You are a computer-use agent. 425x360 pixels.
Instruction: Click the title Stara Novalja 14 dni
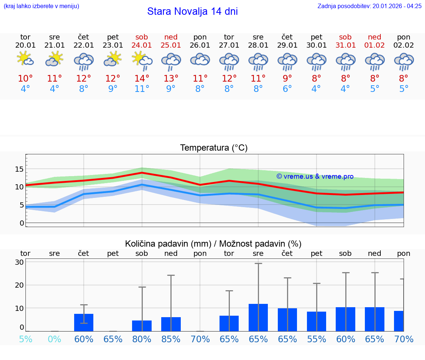point(192,11)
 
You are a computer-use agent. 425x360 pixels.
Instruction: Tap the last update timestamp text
point(369,6)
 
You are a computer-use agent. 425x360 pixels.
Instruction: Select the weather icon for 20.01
point(25,59)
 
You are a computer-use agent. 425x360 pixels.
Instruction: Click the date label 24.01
point(142,45)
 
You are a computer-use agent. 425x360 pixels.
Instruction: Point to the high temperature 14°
point(142,79)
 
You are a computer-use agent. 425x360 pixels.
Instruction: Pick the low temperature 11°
point(142,89)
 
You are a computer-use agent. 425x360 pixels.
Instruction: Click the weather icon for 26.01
point(200,59)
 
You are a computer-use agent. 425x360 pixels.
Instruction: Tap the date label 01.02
point(374,45)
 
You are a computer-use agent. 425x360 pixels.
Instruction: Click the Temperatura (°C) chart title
point(214,148)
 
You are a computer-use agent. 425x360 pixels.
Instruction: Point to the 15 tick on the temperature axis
point(19,169)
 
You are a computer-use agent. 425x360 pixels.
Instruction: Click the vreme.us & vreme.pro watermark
point(315,176)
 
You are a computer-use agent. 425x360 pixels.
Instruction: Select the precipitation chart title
point(213,244)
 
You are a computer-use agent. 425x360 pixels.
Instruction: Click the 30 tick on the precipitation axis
point(19,262)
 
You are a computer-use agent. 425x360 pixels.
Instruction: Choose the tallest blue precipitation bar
point(258,318)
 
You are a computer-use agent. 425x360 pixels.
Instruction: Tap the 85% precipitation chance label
point(171,339)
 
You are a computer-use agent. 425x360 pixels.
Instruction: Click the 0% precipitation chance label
point(55,339)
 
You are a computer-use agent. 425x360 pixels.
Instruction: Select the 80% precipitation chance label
point(142,339)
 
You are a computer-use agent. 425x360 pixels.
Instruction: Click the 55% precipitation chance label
point(317,339)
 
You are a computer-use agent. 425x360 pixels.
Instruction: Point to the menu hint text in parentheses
point(41,6)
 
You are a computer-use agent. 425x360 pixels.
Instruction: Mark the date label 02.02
point(404,45)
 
